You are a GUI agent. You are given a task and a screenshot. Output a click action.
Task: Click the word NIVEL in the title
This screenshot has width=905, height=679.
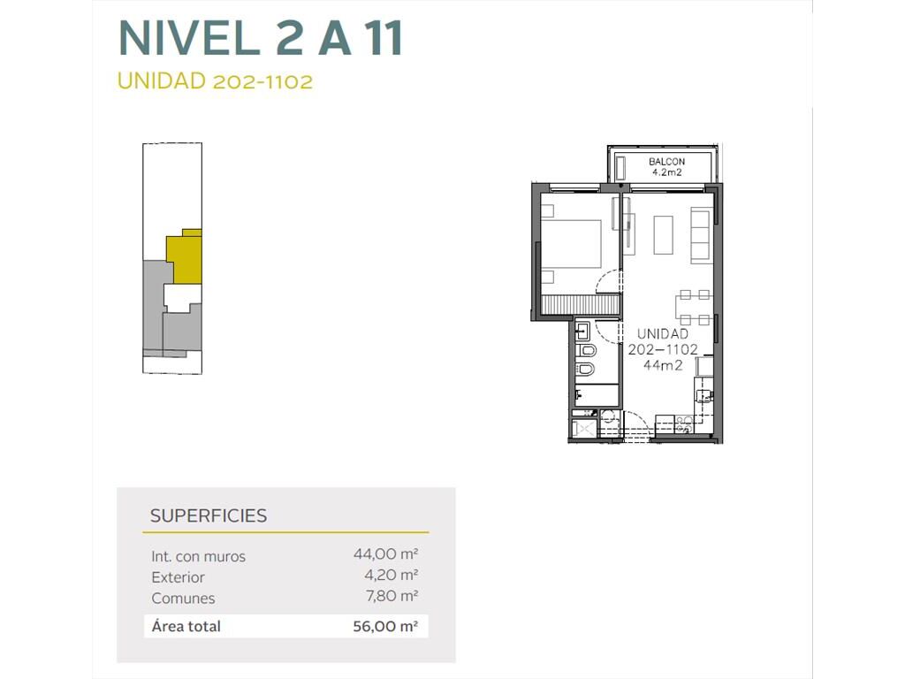188,38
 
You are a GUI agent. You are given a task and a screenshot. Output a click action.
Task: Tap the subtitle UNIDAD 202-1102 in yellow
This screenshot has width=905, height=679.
215,80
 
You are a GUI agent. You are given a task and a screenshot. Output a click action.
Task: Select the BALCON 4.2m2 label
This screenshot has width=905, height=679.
666,167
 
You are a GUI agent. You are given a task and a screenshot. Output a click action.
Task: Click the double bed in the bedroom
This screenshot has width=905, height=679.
571,244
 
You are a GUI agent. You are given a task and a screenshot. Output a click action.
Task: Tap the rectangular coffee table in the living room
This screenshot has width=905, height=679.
663,235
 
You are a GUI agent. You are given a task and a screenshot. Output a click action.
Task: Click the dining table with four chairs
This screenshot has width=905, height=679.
694,307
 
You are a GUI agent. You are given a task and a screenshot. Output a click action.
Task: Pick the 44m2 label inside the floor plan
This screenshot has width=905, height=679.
663,365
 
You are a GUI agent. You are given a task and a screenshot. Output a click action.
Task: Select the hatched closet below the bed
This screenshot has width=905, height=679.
581,304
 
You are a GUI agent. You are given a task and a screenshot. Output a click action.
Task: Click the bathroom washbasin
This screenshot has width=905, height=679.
582,332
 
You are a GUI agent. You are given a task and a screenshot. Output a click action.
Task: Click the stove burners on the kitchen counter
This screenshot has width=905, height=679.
685,424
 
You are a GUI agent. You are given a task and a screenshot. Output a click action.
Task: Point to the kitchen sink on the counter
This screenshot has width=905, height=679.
703,395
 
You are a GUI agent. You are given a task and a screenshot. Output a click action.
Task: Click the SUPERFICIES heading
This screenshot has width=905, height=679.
209,515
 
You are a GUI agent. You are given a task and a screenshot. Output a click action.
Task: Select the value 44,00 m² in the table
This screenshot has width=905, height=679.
385,554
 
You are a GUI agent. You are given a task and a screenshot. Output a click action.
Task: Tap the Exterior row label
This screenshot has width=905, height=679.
178,577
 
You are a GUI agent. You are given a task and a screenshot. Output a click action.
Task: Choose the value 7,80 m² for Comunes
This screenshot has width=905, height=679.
392,596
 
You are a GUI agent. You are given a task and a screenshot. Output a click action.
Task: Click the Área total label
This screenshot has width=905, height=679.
186,626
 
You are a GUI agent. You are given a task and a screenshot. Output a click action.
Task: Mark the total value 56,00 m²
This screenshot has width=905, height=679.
385,627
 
